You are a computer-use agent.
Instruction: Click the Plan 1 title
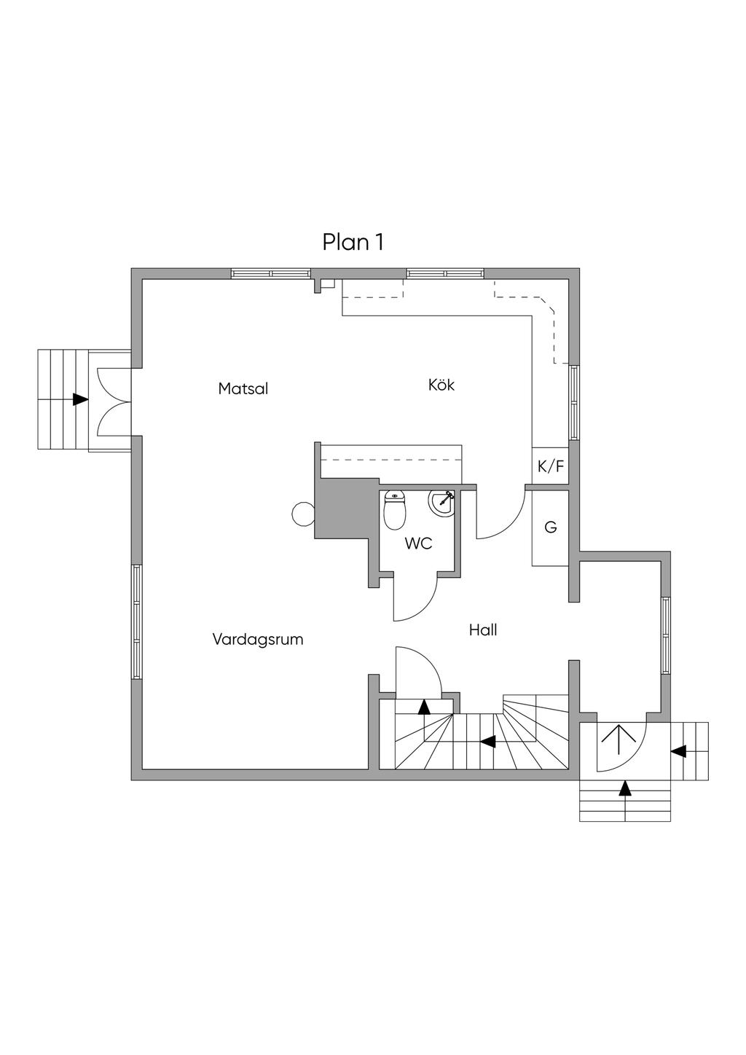click(x=353, y=242)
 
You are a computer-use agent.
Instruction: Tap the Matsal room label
click(x=243, y=388)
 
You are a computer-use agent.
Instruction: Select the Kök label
click(x=441, y=385)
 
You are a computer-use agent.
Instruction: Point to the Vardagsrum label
click(x=258, y=640)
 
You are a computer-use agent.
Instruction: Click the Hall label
click(x=483, y=630)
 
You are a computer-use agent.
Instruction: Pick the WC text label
click(x=418, y=544)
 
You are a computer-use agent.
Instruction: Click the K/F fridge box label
click(x=551, y=466)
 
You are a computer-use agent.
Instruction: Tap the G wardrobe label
click(x=550, y=527)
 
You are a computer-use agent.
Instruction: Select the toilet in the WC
click(x=395, y=510)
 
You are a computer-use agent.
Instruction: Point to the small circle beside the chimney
click(x=303, y=514)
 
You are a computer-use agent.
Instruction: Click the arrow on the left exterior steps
click(x=81, y=399)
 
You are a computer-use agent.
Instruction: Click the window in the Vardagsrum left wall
click(x=136, y=621)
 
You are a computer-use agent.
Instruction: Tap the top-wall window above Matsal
click(x=271, y=274)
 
